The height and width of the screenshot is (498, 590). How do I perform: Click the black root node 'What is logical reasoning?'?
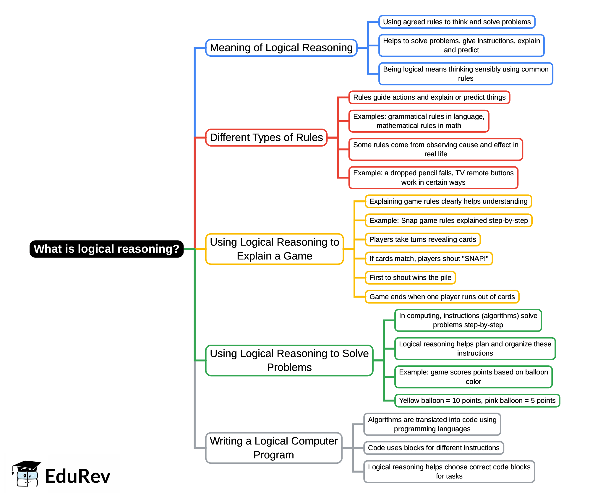point(106,249)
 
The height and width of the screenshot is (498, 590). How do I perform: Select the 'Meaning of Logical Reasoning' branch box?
point(281,48)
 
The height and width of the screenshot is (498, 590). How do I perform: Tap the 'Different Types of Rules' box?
point(266,137)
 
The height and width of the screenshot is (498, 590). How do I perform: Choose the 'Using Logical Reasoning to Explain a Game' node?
point(274,249)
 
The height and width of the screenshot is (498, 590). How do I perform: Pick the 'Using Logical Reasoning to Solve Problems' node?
point(289,360)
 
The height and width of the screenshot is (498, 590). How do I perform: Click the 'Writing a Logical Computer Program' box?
point(273,448)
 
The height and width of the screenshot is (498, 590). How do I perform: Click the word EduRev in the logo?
point(77,476)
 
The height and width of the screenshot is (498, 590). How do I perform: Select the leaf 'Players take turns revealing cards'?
point(422,239)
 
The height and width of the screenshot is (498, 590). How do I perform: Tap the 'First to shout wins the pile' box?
point(410,278)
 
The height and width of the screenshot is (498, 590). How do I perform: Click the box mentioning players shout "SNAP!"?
point(429,259)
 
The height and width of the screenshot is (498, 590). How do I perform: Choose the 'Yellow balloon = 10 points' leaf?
point(477,400)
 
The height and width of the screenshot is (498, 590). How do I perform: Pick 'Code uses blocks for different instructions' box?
point(433,448)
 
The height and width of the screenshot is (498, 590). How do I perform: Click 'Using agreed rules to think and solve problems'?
point(457,22)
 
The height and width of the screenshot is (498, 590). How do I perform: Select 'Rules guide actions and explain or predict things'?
point(429,97)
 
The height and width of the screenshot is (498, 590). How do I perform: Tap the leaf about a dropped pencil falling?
point(433,178)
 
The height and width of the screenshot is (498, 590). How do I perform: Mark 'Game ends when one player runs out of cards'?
point(442,297)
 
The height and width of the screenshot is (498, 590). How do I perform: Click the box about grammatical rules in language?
point(419,121)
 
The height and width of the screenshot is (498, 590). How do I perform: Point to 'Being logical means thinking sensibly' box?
point(466,74)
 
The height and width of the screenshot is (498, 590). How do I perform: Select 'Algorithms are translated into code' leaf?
point(432,424)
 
